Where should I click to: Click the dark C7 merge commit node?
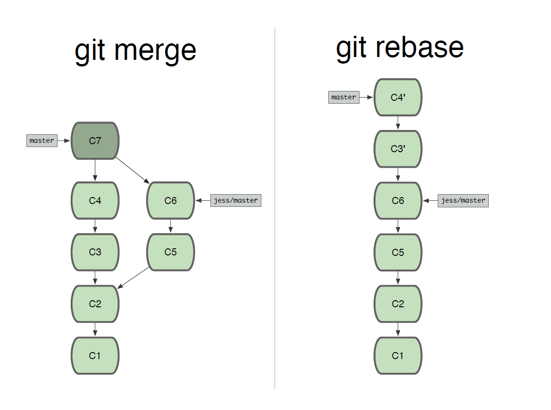pos(95,141)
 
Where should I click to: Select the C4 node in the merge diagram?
pos(95,200)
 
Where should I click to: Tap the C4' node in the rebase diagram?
pos(398,97)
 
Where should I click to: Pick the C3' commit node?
pos(398,149)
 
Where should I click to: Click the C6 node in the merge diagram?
pos(170,200)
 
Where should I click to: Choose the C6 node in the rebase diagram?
pos(398,200)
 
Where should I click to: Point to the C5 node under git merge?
pos(170,252)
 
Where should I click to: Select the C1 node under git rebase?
pos(398,356)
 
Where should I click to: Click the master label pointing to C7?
pos(42,140)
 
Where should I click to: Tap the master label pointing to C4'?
pos(344,97)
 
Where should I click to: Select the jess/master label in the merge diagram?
pos(236,200)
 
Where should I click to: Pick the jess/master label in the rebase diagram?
pos(463,200)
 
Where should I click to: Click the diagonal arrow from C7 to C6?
pos(133,171)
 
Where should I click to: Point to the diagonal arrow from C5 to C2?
pos(133,278)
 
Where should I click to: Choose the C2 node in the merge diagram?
pos(95,303)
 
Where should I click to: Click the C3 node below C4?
pos(95,252)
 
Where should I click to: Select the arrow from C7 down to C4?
pos(95,170)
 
